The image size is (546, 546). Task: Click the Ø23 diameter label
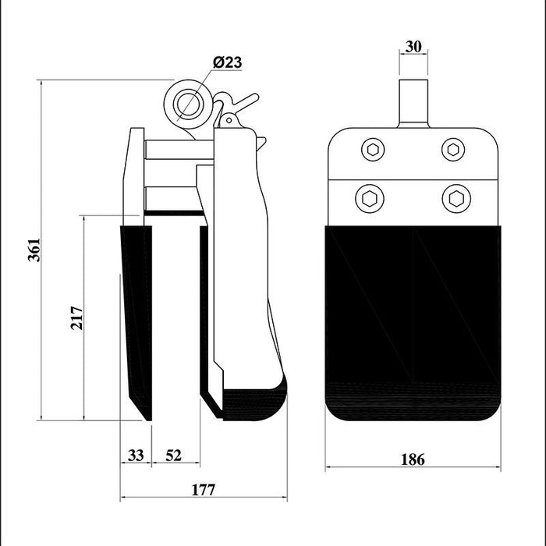point(228,62)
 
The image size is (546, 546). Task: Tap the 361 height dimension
point(34,250)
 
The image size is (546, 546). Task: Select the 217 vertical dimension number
point(77,317)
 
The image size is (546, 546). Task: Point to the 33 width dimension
point(136,455)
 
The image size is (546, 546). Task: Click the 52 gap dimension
point(173,455)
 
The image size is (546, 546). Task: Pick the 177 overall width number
point(204,490)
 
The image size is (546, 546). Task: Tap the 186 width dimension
point(413,459)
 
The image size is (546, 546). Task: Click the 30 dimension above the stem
point(413,46)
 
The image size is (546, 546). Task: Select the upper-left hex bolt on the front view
point(373,150)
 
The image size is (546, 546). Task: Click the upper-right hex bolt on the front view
point(453,150)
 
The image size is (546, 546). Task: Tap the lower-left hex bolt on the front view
point(370,199)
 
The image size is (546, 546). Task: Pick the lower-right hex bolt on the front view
point(456,199)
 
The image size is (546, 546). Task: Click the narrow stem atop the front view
point(413,104)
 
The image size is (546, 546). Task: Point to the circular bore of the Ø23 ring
point(189,104)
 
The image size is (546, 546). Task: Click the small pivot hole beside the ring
point(229,120)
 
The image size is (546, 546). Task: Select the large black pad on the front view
point(413,323)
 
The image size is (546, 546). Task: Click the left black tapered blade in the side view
point(136,323)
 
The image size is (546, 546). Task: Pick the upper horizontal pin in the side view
point(179,150)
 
